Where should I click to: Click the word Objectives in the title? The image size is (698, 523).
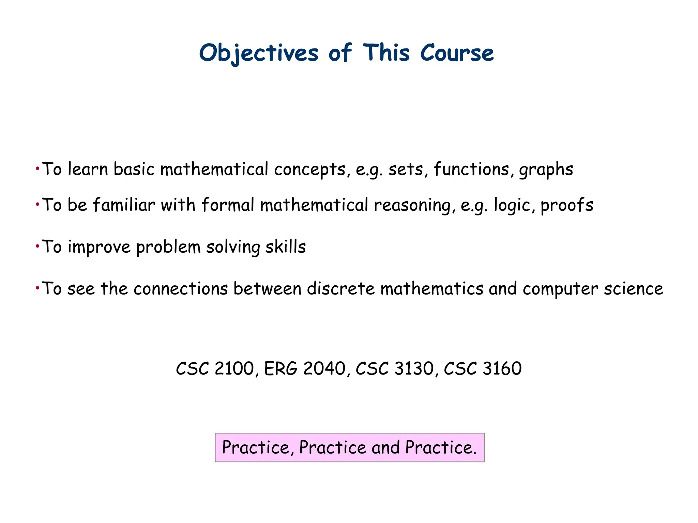[x=259, y=53]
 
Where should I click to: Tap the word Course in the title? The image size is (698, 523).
[x=457, y=53]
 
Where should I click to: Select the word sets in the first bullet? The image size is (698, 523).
[x=405, y=169]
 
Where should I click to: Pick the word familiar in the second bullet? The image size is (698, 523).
[x=124, y=205]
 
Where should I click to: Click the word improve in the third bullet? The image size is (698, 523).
[x=99, y=247]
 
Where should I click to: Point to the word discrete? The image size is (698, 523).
[x=340, y=289]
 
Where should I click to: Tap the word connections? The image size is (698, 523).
[x=181, y=289]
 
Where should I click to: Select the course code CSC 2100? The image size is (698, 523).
[x=215, y=368]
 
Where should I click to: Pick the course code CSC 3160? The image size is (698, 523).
[x=483, y=368]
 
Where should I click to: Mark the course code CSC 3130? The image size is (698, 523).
[x=394, y=368]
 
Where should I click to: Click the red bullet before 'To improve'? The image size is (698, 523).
[x=37, y=246]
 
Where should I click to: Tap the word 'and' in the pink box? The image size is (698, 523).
[x=385, y=447]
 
